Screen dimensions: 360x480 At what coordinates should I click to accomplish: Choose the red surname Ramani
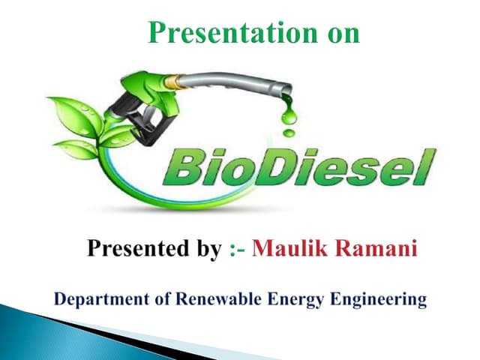tap(373, 248)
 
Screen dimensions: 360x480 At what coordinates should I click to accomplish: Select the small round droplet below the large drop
tap(288, 133)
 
